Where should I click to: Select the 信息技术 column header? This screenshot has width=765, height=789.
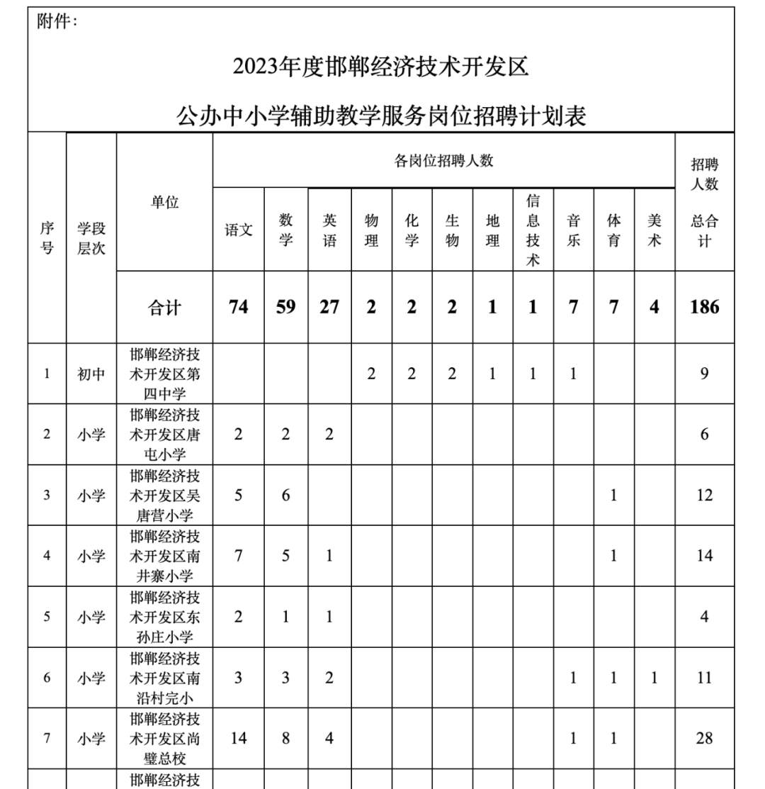tap(533, 230)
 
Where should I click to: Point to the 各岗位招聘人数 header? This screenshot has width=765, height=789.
tap(443, 161)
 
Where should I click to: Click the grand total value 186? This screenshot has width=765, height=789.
tap(704, 307)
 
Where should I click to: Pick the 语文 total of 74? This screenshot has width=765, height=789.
tap(239, 307)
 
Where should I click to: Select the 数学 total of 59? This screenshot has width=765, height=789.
tap(285, 307)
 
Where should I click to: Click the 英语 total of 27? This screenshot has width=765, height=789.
tap(329, 307)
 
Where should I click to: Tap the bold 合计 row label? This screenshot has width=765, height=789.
tap(164, 308)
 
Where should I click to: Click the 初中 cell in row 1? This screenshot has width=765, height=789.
tap(91, 374)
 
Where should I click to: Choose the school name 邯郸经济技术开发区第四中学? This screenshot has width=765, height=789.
tap(164, 374)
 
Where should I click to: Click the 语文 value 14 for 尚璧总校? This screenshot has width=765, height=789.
tap(239, 738)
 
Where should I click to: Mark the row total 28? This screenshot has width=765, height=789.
tap(704, 738)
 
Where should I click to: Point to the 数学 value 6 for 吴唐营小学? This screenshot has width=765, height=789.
tap(285, 495)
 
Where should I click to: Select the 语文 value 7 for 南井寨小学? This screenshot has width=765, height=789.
tap(239, 556)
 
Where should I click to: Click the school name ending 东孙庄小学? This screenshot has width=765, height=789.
tap(164, 617)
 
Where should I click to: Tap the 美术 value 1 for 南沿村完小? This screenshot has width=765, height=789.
tap(654, 678)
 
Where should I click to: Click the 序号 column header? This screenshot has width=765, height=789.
tap(47, 237)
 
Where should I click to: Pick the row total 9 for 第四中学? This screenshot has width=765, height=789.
tap(704, 374)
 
